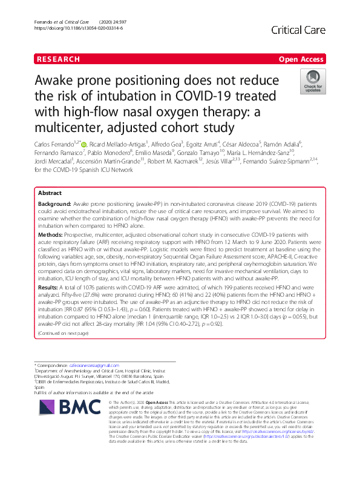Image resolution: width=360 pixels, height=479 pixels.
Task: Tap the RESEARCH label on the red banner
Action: coord(58,59)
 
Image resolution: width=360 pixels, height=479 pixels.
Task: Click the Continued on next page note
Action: coord(62,332)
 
